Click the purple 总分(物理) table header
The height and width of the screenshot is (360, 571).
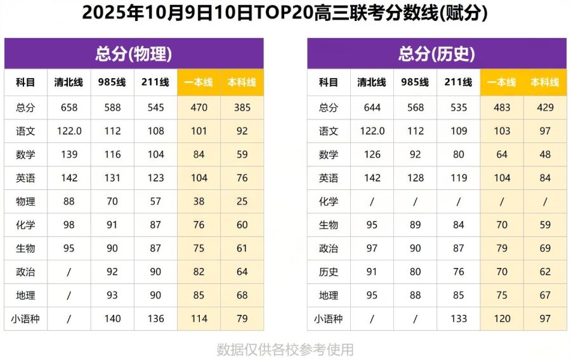pos(134,54)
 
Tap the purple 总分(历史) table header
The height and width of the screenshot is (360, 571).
pos(436,54)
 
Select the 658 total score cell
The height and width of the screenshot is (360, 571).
pos(69,108)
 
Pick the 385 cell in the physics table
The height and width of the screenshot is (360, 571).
pos(242,108)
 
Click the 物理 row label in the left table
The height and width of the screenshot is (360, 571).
pos(26,202)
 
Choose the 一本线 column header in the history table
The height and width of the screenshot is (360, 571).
pos(501,83)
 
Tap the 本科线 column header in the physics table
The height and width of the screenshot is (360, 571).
pos(242,83)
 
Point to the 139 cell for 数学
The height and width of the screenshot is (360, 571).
pos(69,155)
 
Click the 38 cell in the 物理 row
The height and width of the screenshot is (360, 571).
pos(199,202)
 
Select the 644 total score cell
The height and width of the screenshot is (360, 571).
pos(372,108)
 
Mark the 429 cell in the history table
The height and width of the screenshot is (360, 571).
pos(545,108)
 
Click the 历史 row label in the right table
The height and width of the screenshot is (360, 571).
pos(329,272)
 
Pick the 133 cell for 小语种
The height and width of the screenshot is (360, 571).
pos(459,319)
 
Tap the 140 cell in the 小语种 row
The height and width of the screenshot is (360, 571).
pos(112,319)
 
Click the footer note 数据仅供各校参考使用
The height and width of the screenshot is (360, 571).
pos(285,350)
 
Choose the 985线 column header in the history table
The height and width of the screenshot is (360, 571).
pos(416,83)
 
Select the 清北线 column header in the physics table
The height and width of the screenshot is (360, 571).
pos(69,83)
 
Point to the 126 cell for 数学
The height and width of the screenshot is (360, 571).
pos(372,155)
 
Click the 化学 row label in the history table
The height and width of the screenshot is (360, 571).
pos(329,202)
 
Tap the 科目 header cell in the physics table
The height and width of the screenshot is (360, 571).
pos(26,83)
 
